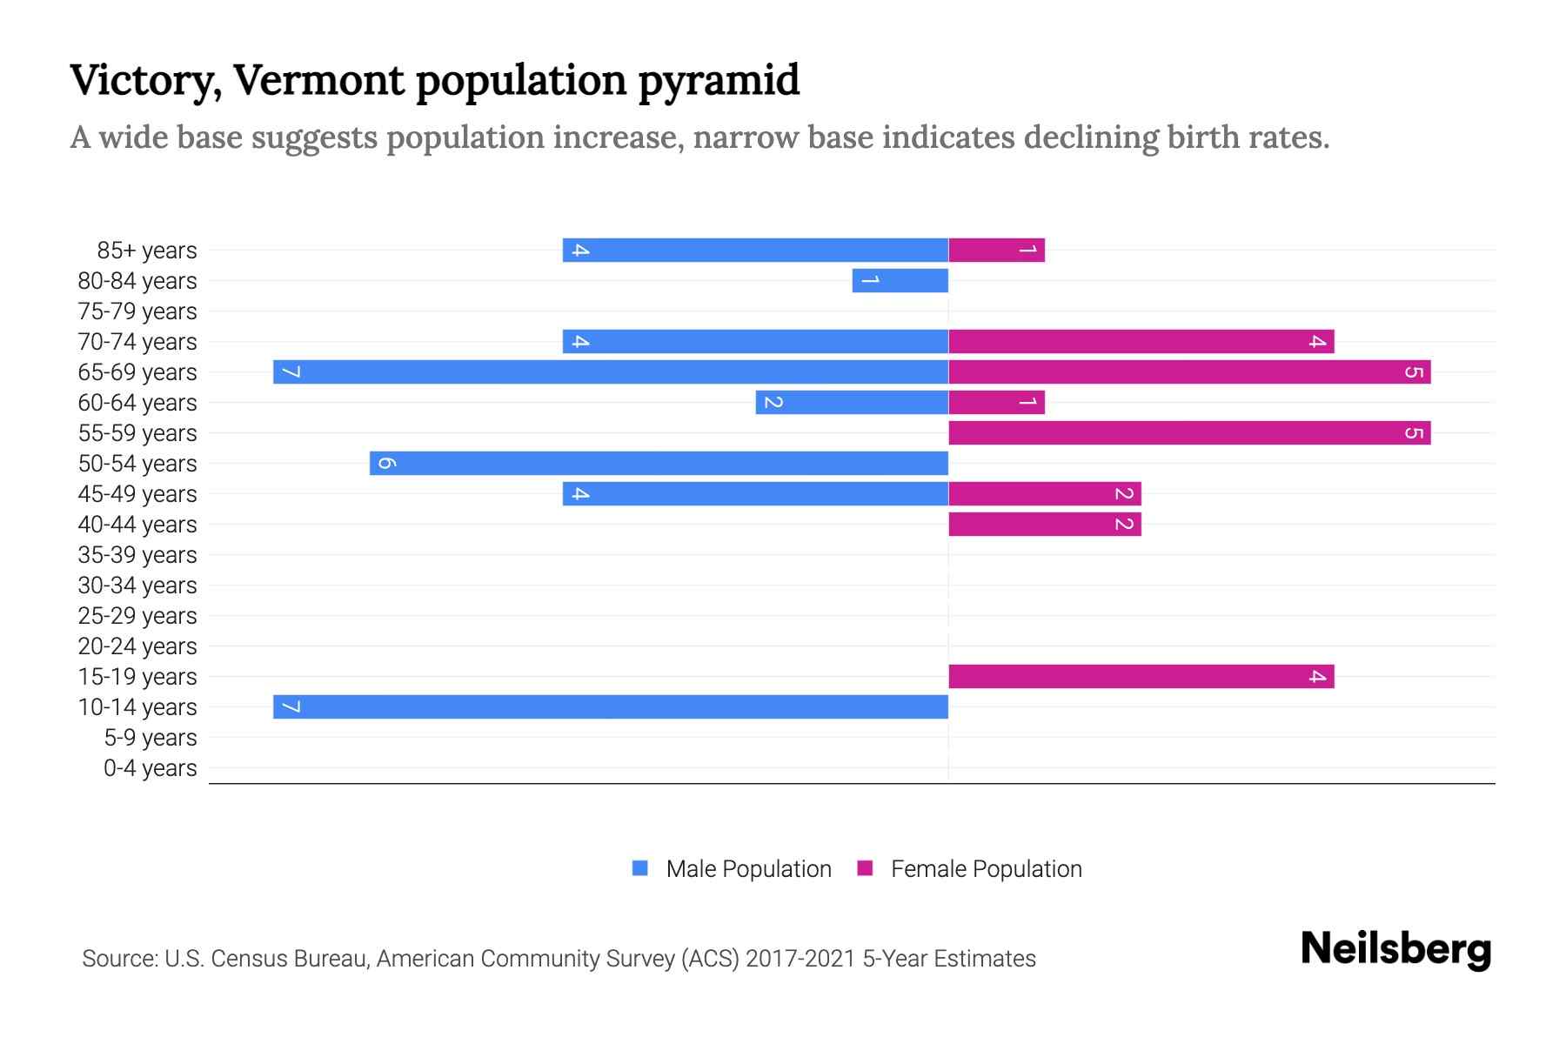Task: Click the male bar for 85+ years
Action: (x=755, y=251)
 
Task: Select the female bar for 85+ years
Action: (x=996, y=251)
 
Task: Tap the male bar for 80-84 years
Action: (x=900, y=281)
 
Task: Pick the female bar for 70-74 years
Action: (x=1141, y=342)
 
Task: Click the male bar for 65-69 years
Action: (x=611, y=372)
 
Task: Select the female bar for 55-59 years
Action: (x=1189, y=433)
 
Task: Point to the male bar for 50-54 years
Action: (x=659, y=464)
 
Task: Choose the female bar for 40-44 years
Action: (x=1044, y=525)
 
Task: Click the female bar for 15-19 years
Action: (x=1141, y=677)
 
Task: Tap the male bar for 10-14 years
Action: (x=611, y=707)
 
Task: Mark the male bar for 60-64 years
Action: (x=852, y=403)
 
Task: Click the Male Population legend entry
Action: (x=732, y=869)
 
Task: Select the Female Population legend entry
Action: (x=969, y=869)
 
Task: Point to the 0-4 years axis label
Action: (x=150, y=768)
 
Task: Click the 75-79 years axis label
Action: (x=137, y=311)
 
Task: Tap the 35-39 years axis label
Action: (x=137, y=555)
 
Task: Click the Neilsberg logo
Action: (x=1395, y=949)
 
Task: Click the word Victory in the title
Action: (x=140, y=81)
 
